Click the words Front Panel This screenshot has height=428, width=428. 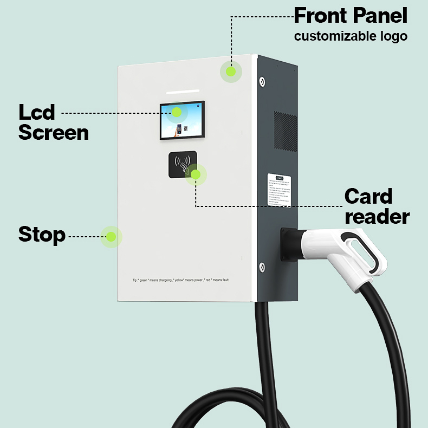click(351, 16)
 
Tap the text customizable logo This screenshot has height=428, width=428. click(351, 37)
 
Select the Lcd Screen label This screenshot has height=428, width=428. click(53, 123)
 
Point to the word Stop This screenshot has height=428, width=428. click(42, 235)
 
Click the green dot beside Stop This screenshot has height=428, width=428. click(111, 237)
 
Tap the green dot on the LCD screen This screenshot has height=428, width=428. click(177, 112)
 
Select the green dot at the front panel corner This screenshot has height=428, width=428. click(231, 71)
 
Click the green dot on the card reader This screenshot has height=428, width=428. click(196, 174)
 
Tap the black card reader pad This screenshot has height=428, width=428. click(180, 164)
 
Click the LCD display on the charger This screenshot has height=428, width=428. click(182, 120)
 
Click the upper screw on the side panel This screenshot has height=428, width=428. click(262, 81)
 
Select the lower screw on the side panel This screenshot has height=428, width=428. click(262, 267)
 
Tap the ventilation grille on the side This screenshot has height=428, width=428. click(286, 131)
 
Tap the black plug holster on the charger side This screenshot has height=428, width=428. click(288, 244)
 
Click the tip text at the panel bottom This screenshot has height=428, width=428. click(185, 280)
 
